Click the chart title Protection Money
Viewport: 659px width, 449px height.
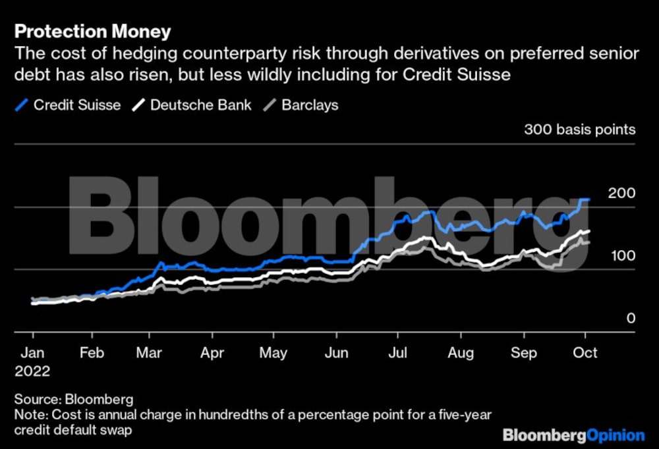pos(93,31)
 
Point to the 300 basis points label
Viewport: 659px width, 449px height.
pos(580,129)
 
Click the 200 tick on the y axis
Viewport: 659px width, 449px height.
pos(621,193)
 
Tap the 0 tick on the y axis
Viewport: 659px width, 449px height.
pos(631,319)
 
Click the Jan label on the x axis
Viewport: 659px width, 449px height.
pos(33,353)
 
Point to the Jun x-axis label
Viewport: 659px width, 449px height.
pos(337,353)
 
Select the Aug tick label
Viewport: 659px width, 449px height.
pos(461,353)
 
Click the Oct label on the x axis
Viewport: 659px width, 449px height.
pos(585,353)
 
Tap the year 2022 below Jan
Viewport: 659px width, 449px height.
pos(33,371)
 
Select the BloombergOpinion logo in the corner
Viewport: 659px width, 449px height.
pos(573,435)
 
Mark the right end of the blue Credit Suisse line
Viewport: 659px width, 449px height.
pos(589,199)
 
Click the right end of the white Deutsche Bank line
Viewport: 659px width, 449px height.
pos(588,231)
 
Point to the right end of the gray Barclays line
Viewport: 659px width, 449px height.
pos(588,242)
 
